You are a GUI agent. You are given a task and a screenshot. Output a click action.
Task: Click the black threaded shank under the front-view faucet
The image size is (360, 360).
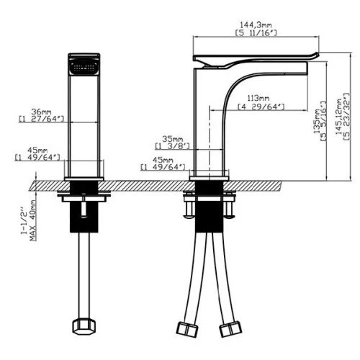pos(85,215)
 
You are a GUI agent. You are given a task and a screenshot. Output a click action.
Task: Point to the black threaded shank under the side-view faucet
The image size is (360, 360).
pos(209,215)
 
